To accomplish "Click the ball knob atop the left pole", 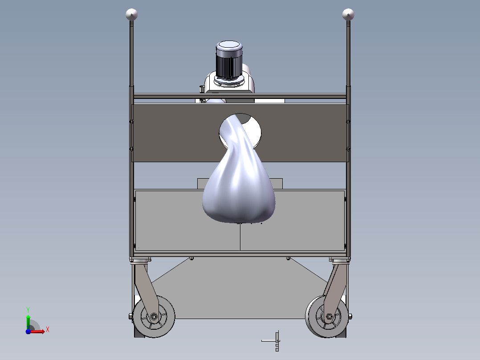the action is pyautogui.click(x=132, y=14).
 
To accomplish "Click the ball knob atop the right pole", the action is pyautogui.click(x=348, y=14).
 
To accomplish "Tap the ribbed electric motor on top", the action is pyautogui.click(x=229, y=60).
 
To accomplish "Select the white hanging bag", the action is pyautogui.click(x=239, y=172).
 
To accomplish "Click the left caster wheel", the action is pyautogui.click(x=154, y=316).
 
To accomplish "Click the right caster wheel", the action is pyautogui.click(x=327, y=316).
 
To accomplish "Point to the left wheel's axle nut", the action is pyautogui.click(x=154, y=316).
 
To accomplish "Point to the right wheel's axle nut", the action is pyautogui.click(x=329, y=316).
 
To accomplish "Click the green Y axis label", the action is pyautogui.click(x=28, y=310).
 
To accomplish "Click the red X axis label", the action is pyautogui.click(x=48, y=330).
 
